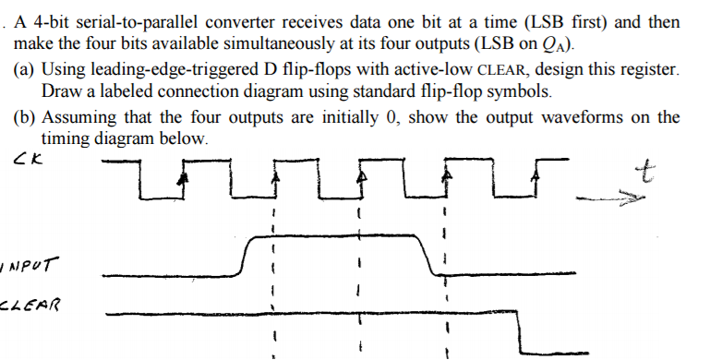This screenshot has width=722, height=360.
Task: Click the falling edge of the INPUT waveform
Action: click(426, 255)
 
